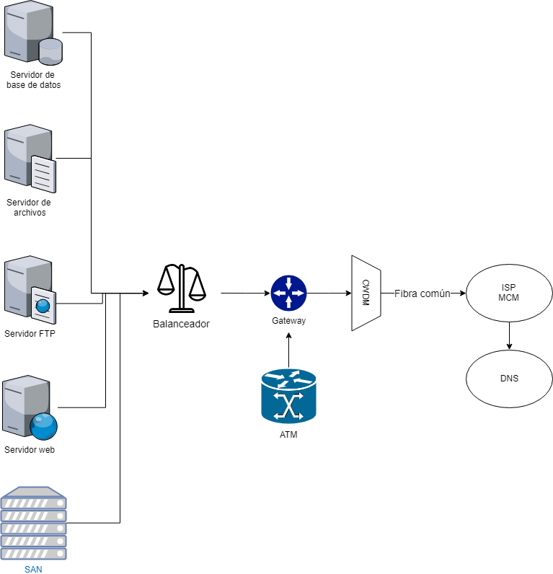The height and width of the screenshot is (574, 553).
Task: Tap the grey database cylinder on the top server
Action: [50, 51]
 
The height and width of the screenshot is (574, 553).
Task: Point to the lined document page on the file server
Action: [43, 173]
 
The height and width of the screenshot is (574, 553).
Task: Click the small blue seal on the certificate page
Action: [43, 306]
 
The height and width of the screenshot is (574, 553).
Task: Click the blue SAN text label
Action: [33, 570]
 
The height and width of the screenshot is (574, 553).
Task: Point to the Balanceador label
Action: [181, 324]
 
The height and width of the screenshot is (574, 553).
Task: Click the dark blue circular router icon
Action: [288, 293]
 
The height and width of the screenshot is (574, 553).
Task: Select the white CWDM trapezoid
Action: [366, 293]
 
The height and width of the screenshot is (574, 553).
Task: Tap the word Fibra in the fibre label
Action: [406, 293]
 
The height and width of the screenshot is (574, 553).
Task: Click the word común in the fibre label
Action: [435, 293]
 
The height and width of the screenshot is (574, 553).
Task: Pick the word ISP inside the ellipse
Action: [509, 288]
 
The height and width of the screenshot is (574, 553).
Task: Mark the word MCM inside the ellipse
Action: [509, 298]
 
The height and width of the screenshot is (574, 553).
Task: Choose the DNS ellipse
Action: [509, 379]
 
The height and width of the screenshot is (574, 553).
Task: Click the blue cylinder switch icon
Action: [288, 396]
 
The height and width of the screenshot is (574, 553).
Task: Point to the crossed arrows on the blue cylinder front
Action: [289, 407]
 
